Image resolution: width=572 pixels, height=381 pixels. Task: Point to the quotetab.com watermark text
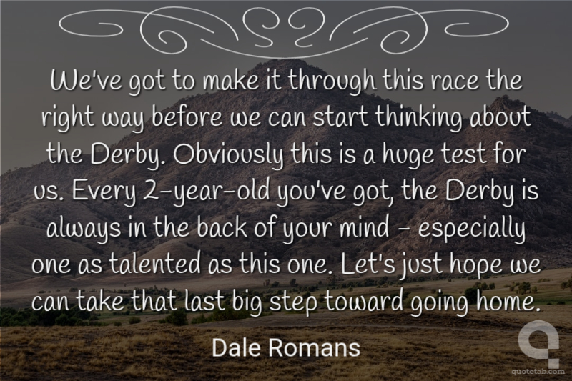point(538,372)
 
